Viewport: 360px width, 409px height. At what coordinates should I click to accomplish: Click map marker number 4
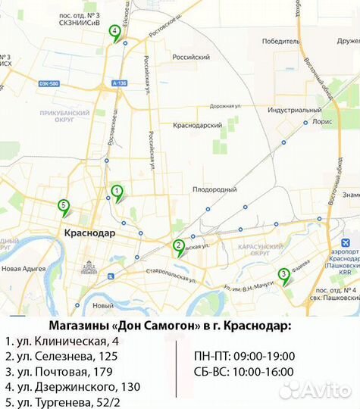(x=114, y=32)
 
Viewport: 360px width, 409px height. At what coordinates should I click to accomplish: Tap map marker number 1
(x=117, y=192)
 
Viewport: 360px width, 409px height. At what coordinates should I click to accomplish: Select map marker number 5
(x=64, y=204)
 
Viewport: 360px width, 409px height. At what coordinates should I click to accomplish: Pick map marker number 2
(x=178, y=245)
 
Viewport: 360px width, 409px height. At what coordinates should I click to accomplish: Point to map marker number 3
(x=283, y=275)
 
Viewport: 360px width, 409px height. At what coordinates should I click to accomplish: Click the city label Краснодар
(x=90, y=233)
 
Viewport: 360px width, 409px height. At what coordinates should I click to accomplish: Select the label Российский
(x=191, y=57)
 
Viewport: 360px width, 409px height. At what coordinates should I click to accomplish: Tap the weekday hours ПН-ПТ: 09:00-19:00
(x=244, y=356)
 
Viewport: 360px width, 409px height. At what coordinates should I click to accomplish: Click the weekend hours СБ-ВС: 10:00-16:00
(x=244, y=373)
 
